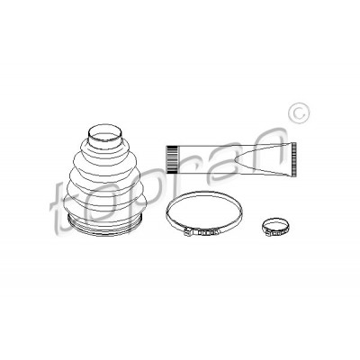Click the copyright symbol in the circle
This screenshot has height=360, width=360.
pos(299,114)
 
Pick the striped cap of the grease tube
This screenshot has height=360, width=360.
pos(171,159)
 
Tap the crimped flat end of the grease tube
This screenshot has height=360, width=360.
pos(293,158)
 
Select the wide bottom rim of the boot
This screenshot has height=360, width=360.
pos(104,227)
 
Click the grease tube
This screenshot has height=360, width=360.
pos(231,159)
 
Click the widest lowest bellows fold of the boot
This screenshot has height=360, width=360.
pos(104,205)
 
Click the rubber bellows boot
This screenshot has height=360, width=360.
pos(104,180)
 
